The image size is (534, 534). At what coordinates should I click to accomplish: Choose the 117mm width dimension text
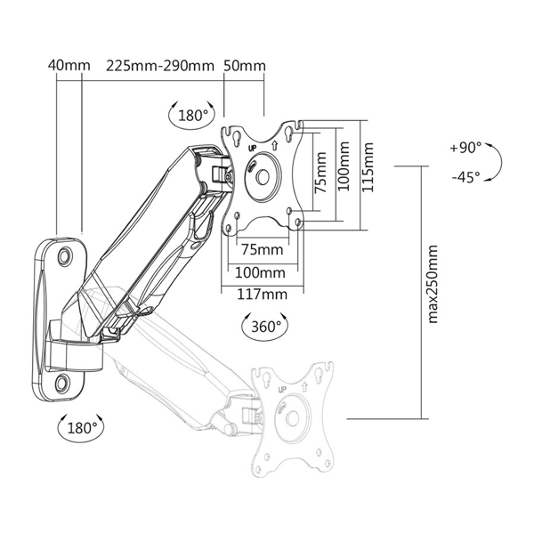[262, 295]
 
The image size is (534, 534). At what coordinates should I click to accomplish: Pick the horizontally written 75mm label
[262, 248]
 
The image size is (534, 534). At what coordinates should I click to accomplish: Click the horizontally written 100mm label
[262, 272]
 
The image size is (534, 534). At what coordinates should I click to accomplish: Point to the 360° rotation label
[264, 327]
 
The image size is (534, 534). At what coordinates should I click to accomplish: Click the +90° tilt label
[465, 148]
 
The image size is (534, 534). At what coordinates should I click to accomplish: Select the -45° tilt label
[465, 177]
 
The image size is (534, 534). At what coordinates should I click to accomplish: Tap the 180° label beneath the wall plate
[82, 428]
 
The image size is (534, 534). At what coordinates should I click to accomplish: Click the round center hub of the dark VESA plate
[262, 174]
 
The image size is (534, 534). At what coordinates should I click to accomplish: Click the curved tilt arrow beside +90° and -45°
[497, 163]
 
